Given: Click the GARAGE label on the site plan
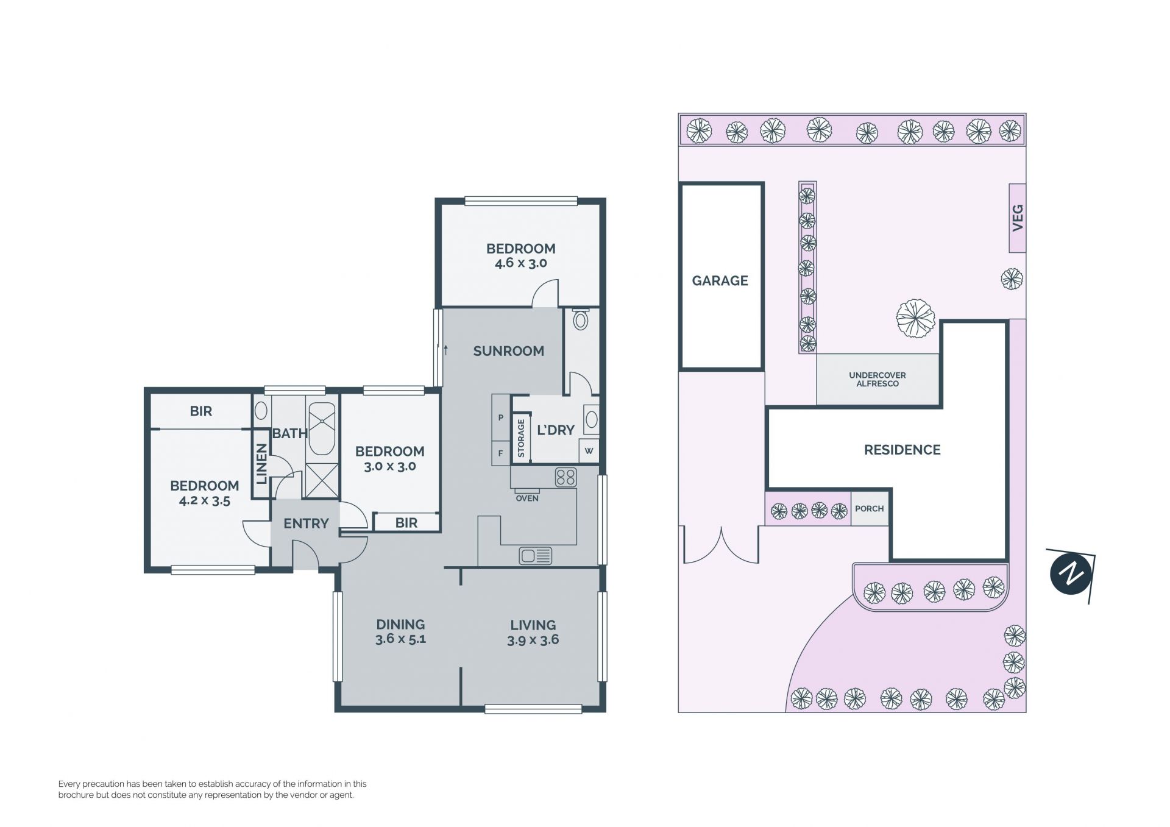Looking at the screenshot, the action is click(720, 281).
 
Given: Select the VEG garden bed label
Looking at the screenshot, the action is click(1017, 218).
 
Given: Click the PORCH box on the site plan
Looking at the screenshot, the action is click(870, 508).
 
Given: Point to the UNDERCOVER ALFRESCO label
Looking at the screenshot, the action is click(877, 379).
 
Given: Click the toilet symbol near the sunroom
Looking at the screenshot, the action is click(581, 319).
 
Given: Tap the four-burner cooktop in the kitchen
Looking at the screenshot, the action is click(565, 477).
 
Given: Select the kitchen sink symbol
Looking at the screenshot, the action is click(536, 556).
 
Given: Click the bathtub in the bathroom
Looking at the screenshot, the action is click(321, 428).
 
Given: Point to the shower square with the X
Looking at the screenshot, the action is click(321, 481).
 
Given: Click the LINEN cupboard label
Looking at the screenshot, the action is click(261, 464).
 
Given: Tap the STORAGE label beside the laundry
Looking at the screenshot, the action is click(521, 438).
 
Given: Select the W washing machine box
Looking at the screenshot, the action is click(589, 452).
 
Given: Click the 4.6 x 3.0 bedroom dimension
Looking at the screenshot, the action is click(520, 263).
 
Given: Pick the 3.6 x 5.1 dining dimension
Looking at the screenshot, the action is click(400, 639).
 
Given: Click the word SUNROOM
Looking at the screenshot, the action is click(508, 351).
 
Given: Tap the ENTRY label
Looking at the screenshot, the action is click(306, 524).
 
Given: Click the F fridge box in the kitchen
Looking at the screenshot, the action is click(501, 453).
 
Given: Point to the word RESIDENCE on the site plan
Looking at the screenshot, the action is click(902, 450).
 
